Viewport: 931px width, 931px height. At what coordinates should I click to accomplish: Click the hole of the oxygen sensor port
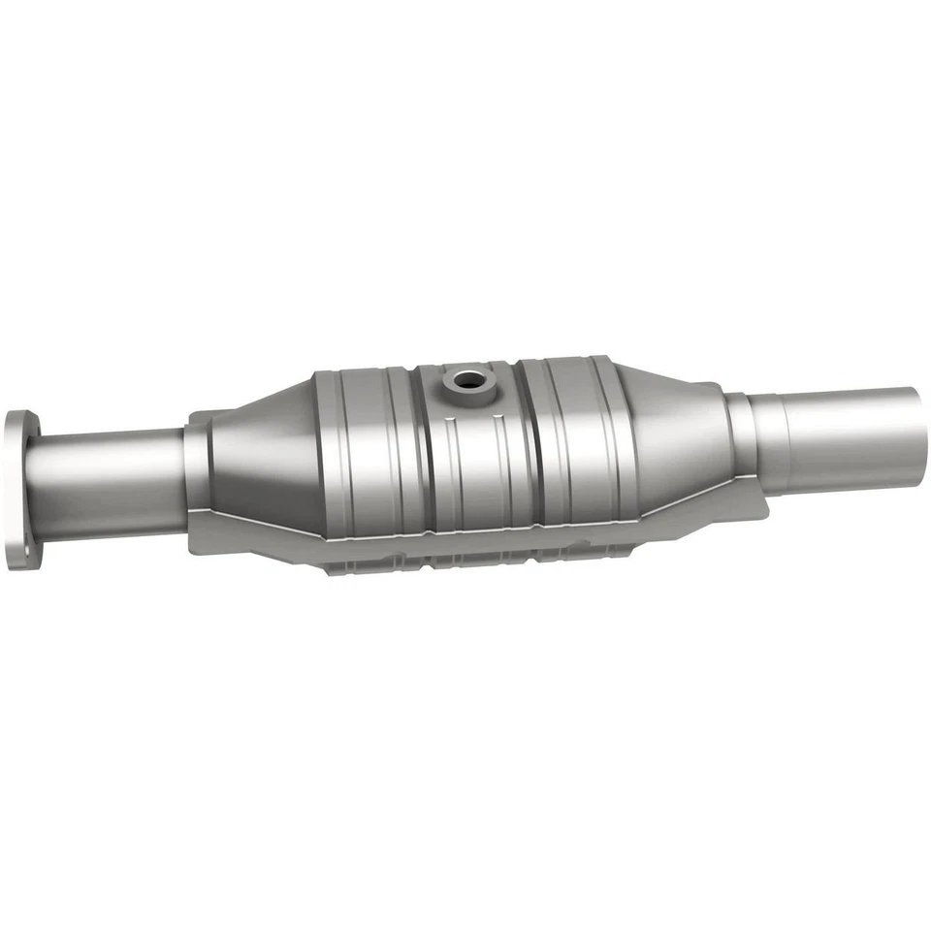[466, 380]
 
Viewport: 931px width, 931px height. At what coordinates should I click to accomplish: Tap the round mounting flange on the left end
[21, 490]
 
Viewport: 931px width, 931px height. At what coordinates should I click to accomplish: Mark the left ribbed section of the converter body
[373, 451]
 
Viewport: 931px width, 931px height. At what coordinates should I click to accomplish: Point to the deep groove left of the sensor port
[419, 446]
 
